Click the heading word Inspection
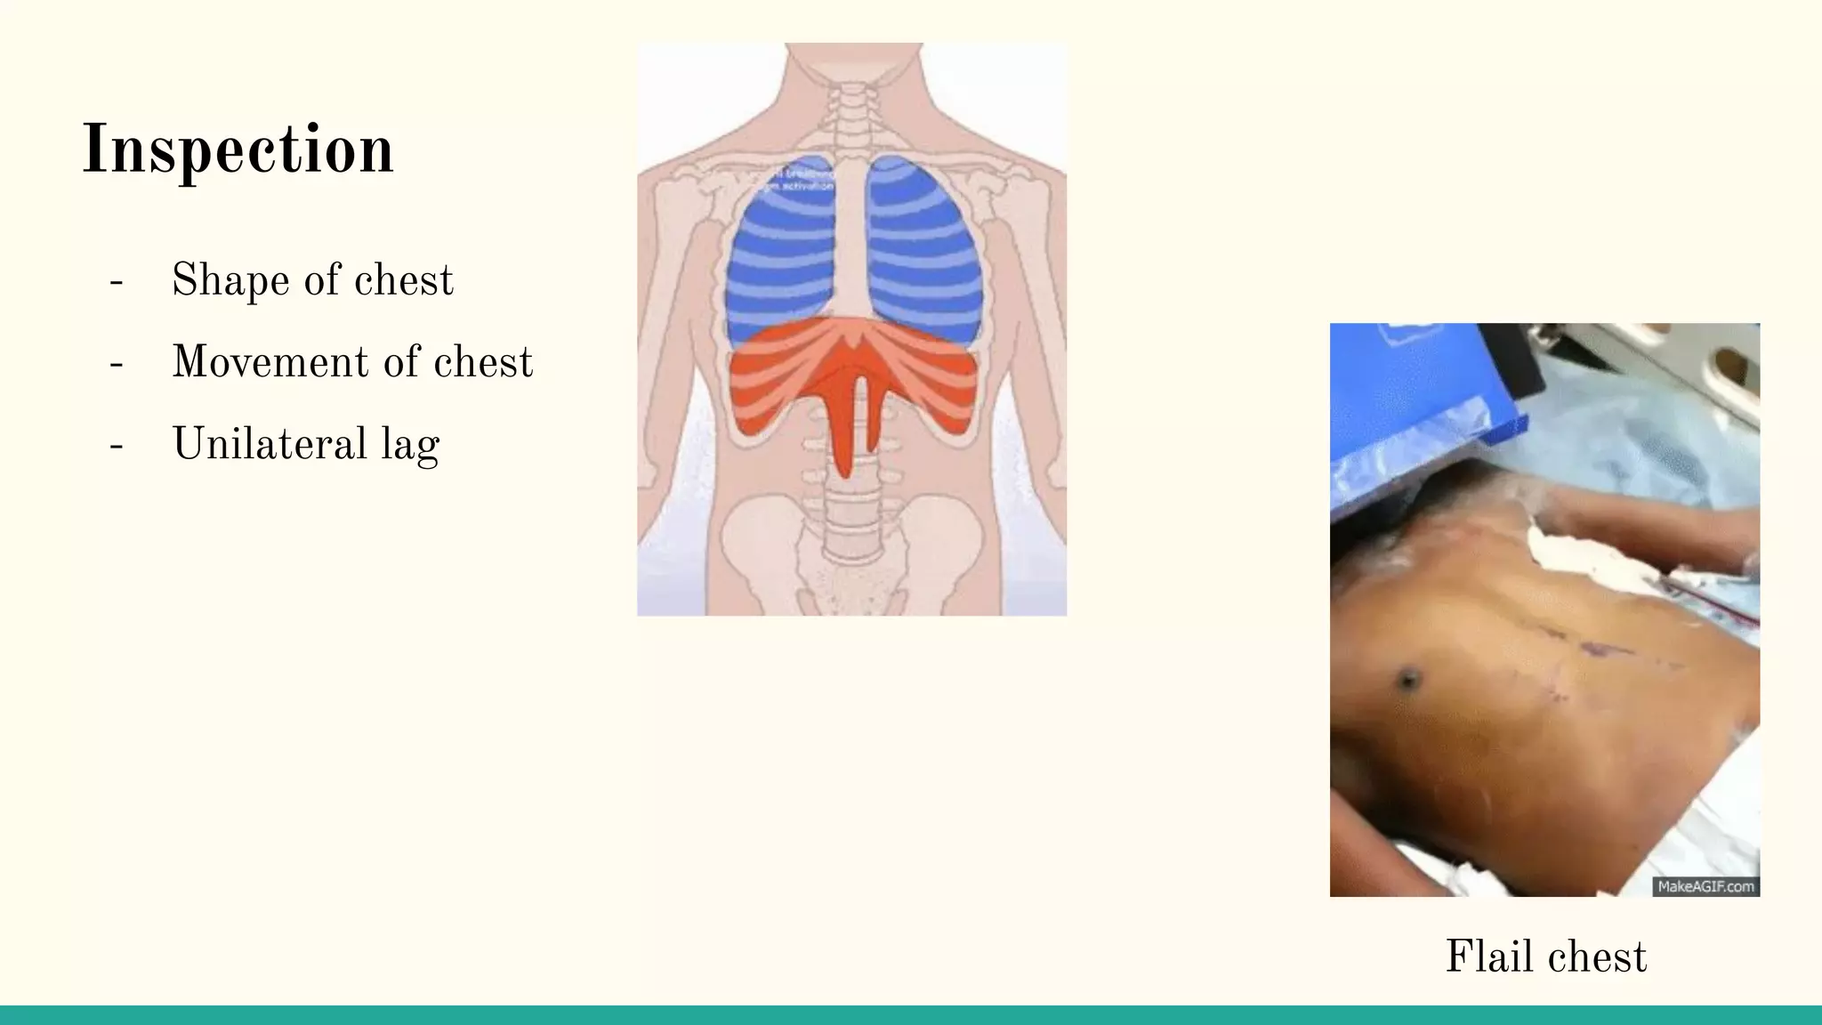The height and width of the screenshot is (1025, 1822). pos(238,149)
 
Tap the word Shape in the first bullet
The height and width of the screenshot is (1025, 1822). pos(230,280)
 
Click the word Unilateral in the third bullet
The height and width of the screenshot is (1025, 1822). pos(270,444)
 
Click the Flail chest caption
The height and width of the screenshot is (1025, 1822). pos(1545,957)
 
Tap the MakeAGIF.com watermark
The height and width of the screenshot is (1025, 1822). pos(1705,886)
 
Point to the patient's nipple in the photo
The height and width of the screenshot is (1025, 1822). pos(1407,681)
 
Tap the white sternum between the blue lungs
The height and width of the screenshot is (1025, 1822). pos(851,240)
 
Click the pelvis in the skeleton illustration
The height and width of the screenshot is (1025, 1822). pos(851,552)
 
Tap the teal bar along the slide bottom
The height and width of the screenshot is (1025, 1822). pos(911,1015)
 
